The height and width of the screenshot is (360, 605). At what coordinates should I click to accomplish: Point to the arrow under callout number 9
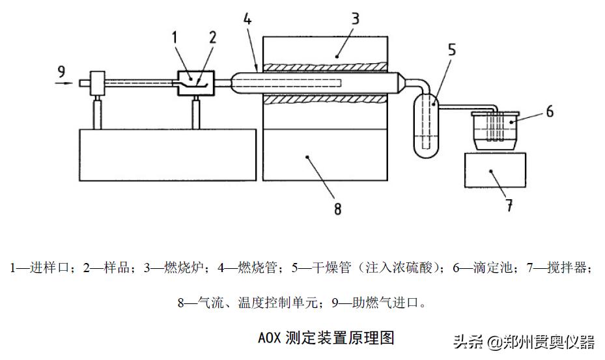[64, 83]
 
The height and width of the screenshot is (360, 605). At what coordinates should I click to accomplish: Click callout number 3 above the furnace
[355, 18]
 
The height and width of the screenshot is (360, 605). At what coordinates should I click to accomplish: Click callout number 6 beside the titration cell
[549, 112]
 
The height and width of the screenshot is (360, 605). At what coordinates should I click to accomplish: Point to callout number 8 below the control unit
[337, 208]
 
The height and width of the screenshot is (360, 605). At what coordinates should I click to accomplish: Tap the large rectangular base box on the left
[167, 154]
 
